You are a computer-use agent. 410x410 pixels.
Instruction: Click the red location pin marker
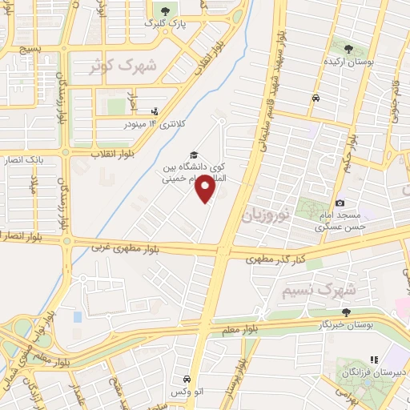207,189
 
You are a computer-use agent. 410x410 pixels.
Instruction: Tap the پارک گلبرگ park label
167,25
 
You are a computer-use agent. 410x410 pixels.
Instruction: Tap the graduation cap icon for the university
192,155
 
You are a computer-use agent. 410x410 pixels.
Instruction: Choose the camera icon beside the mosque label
340,204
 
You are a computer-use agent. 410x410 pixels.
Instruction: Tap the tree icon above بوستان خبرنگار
346,312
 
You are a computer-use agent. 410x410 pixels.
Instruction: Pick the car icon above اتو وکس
186,379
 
